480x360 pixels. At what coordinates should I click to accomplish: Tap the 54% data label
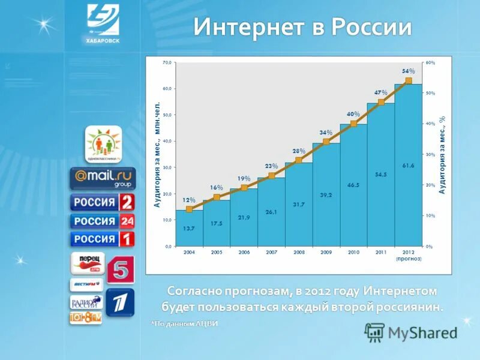(x=408, y=71)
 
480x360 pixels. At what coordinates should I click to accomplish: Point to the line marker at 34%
(x=326, y=142)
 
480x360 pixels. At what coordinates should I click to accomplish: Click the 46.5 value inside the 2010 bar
(x=353, y=185)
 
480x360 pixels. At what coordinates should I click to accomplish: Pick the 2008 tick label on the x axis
(x=299, y=253)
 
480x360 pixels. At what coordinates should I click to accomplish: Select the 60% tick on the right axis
(x=430, y=62)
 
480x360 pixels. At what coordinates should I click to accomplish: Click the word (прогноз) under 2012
(x=409, y=259)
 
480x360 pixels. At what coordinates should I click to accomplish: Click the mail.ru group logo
(x=103, y=178)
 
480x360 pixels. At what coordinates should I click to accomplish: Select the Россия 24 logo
(x=103, y=221)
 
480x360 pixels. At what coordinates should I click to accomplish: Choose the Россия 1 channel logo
(x=103, y=239)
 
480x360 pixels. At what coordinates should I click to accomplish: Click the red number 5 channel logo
(x=121, y=269)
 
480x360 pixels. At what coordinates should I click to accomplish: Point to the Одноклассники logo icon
(x=103, y=144)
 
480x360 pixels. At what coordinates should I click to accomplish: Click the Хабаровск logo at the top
(x=103, y=23)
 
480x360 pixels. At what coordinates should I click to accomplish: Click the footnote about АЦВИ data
(x=184, y=323)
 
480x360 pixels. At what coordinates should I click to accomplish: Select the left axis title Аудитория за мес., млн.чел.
(x=157, y=155)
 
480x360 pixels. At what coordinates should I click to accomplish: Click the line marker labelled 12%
(x=189, y=209)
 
